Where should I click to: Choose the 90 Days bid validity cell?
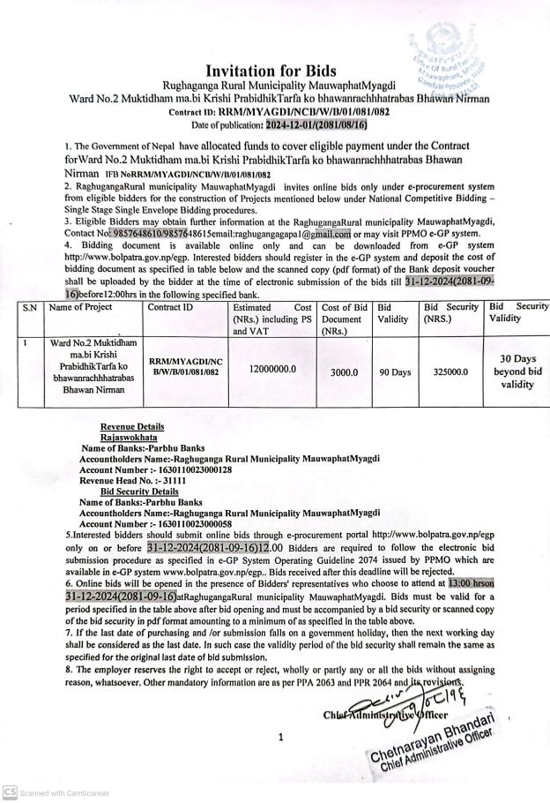395,373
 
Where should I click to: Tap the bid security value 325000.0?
450,373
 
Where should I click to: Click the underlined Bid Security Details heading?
139,492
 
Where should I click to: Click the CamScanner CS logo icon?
9,792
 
